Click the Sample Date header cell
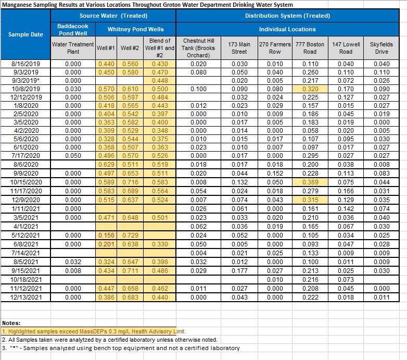[26, 34]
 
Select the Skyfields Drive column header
[381, 48]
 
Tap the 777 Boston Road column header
[310, 48]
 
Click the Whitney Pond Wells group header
[136, 29]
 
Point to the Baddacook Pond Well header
[73, 29]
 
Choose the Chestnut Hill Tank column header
[199, 48]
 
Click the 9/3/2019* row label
[26, 81]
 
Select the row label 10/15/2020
[26, 182]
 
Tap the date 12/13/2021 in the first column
[26, 297]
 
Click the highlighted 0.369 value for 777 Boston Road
[310, 182]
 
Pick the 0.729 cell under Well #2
[130, 235]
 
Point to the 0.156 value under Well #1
[106, 235]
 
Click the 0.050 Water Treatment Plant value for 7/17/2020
[73, 156]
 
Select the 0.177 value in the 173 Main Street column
[239, 270]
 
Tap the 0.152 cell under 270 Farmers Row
[275, 173]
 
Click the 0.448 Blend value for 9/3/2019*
[160, 81]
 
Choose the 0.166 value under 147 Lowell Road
[346, 191]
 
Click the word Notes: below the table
[11, 323]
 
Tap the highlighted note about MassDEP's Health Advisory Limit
[94, 331]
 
